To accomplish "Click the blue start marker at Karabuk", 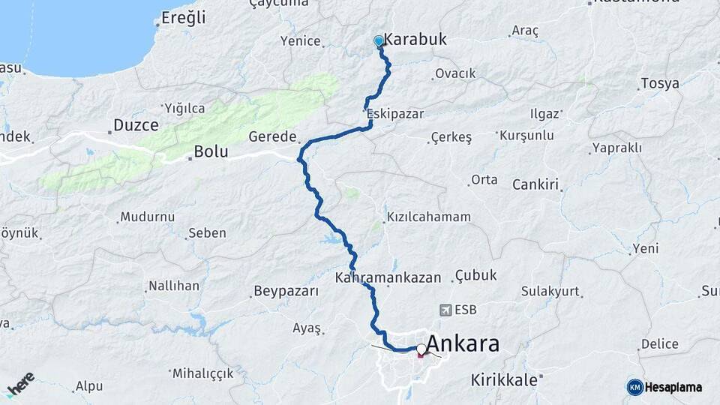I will pos(379,42).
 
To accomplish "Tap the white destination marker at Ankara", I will pos(421,349).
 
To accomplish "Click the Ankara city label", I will pos(463,344).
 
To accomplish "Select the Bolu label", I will pos(211,151).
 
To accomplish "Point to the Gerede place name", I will pos(272,138).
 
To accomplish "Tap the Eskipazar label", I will pos(396,114).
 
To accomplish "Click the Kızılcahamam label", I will pos(428,217).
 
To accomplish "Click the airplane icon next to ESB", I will pos(446,309).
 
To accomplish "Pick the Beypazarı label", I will pos(286,291).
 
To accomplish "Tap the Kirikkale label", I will pos(505,379).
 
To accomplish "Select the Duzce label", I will pos(136,124).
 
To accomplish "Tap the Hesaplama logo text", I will pos(673,387).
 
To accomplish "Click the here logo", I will pos(20,383).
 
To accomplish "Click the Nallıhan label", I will pos(174,286).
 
